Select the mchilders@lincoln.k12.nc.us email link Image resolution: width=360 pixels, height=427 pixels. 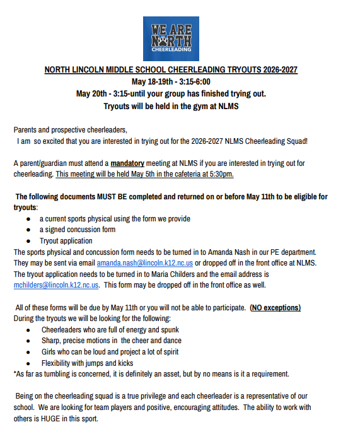56,284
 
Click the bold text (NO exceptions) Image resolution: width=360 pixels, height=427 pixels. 275,307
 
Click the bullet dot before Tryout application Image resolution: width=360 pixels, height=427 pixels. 28,241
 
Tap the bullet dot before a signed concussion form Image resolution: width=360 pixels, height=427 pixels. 28,230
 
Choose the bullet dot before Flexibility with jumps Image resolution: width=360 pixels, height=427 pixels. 28,363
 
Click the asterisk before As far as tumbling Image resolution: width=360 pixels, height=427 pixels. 15,374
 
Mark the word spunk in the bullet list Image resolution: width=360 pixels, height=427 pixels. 169,329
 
